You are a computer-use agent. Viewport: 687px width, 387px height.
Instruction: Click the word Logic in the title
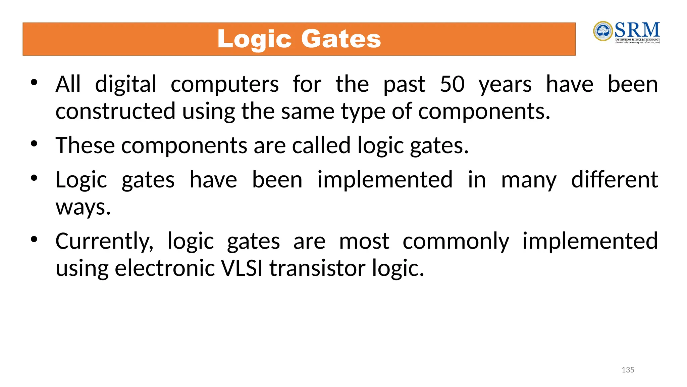(254, 40)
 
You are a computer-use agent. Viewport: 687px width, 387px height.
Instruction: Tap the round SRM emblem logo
(603, 31)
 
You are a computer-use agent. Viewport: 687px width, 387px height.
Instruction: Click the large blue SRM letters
(637, 30)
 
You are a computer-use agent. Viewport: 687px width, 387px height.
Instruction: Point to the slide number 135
(628, 370)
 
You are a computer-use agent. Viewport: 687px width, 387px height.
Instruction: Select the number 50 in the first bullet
(452, 84)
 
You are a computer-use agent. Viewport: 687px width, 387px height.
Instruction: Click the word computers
(224, 85)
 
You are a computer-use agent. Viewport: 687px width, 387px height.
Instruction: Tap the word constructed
(115, 111)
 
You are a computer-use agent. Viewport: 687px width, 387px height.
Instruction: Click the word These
(85, 145)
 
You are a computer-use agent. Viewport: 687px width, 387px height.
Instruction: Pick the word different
(614, 180)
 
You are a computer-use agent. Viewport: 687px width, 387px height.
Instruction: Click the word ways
(83, 208)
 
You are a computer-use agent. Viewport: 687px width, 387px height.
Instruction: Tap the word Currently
(104, 242)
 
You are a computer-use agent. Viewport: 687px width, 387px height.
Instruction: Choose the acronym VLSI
(242, 268)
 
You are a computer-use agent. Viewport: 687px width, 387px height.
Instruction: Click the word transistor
(317, 268)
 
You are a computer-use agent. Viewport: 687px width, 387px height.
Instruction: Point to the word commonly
(456, 242)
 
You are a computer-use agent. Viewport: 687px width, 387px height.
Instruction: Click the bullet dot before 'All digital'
(34, 82)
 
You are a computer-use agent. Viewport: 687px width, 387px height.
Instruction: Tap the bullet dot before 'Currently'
(34, 240)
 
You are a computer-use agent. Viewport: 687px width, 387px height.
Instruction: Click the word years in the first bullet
(505, 85)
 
